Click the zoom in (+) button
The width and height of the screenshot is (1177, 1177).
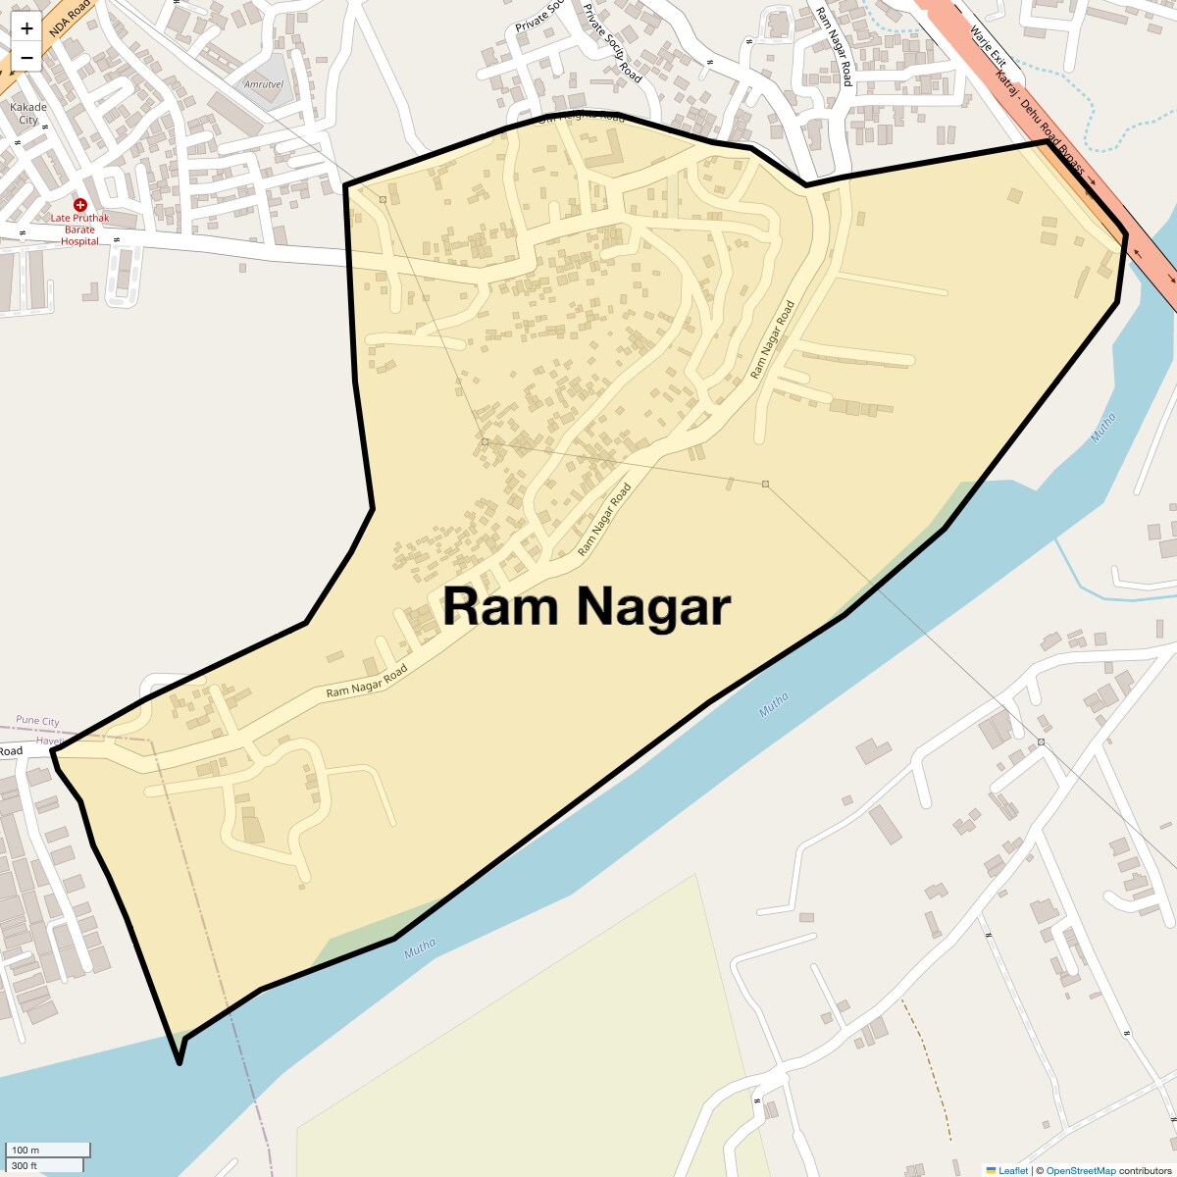click(x=26, y=27)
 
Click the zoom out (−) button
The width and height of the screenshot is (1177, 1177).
click(x=26, y=58)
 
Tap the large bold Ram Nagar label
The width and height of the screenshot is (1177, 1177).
click(x=587, y=606)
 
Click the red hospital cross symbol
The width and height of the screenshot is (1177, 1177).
click(x=80, y=205)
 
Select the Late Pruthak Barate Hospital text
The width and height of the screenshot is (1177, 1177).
click(x=80, y=230)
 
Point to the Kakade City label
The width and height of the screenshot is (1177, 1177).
click(x=28, y=114)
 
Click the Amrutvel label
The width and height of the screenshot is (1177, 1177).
click(x=264, y=84)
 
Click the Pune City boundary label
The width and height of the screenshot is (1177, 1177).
click(x=38, y=721)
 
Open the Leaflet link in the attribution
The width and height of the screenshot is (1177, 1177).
click(x=1013, y=1170)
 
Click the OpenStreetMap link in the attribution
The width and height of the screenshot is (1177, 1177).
click(x=1080, y=1170)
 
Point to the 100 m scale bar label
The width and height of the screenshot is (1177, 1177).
click(x=26, y=1150)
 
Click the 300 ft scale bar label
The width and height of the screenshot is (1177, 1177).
click(x=25, y=1165)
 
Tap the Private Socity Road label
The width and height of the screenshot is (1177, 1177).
click(x=612, y=43)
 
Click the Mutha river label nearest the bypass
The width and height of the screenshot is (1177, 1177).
click(x=1103, y=428)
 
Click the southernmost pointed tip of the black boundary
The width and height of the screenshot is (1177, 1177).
click(x=179, y=1062)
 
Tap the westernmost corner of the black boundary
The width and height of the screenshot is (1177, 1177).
click(x=53, y=751)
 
